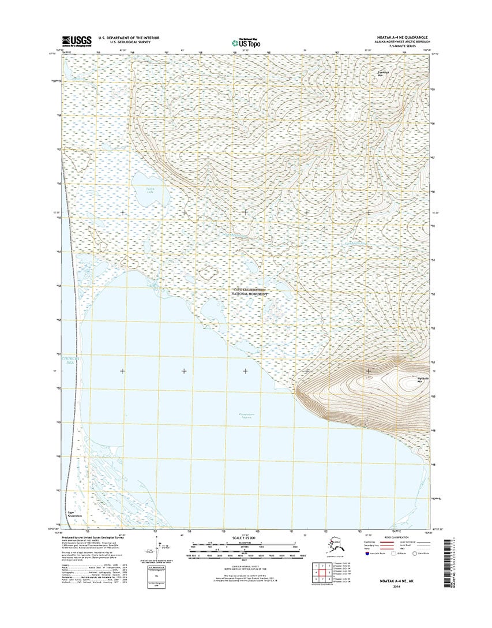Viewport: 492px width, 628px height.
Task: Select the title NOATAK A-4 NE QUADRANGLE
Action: click(x=399, y=36)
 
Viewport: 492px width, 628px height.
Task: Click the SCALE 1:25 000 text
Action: click(x=246, y=539)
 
